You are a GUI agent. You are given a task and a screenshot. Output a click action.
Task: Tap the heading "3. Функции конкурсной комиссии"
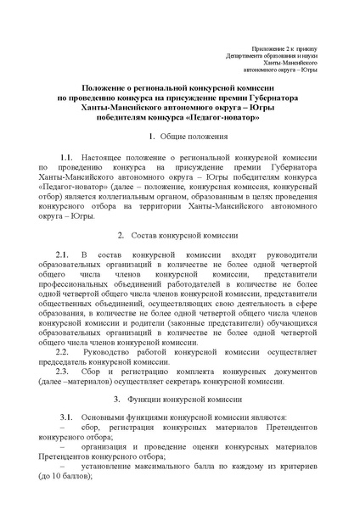pyautogui.click(x=181, y=398)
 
